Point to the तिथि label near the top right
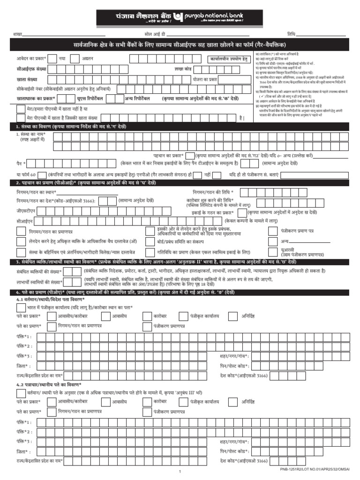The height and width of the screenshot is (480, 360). point(292,35)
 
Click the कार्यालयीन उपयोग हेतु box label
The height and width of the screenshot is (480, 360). point(228,59)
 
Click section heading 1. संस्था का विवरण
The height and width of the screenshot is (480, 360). point(70,127)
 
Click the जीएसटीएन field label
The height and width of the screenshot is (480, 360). point(26,211)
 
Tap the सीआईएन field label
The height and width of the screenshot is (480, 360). point(25,220)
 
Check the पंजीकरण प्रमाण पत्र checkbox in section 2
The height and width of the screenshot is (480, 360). point(272,231)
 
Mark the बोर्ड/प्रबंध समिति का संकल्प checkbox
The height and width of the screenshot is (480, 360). point(150,241)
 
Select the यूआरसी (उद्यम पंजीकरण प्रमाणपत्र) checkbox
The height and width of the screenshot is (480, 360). point(272,252)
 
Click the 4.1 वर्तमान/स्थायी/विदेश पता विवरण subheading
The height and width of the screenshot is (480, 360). point(50,299)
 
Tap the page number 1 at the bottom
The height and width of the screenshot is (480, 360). point(180,472)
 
